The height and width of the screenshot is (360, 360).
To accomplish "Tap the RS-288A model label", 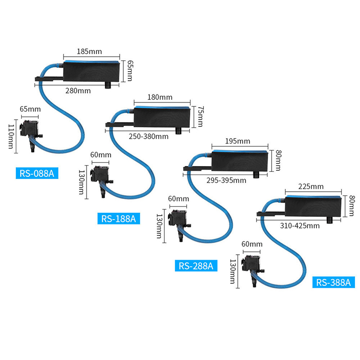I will (196, 266).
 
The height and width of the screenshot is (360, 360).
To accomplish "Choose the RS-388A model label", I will (333, 282).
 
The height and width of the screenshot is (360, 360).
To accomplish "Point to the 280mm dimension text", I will (78, 90).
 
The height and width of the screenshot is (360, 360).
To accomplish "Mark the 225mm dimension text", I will (311, 186).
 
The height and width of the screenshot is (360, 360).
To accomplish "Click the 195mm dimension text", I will (237, 141).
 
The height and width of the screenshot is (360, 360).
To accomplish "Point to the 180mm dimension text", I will (159, 97).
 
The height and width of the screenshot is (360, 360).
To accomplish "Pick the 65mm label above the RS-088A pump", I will (31, 109).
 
